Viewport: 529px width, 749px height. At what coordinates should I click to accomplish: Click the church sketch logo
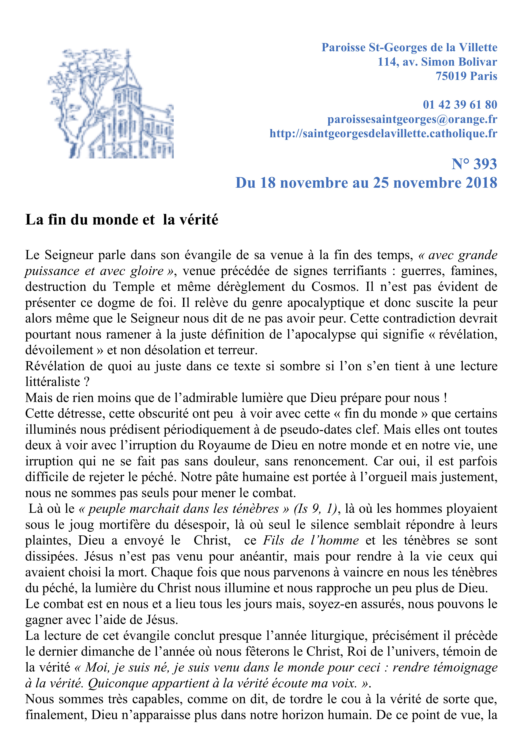pyautogui.click(x=111, y=104)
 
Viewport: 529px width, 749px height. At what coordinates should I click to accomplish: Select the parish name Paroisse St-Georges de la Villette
pyautogui.click(x=409, y=48)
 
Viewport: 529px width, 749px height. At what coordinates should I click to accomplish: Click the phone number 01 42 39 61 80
pyautogui.click(x=460, y=105)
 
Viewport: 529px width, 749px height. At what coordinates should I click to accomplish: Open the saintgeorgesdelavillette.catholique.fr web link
pyautogui.click(x=383, y=134)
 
